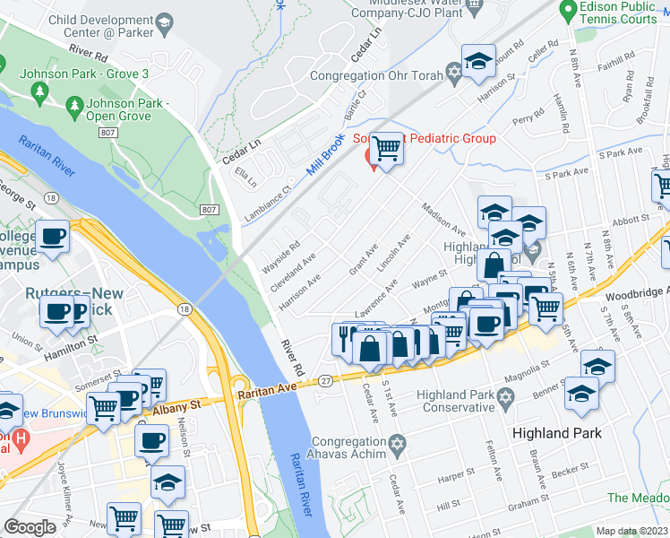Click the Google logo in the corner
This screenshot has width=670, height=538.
[30, 527]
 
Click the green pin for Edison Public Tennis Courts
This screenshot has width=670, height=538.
[567, 11]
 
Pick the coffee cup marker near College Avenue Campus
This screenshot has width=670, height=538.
[53, 238]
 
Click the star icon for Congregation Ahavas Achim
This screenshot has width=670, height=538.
[398, 443]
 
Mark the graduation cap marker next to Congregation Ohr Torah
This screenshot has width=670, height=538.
[479, 62]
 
